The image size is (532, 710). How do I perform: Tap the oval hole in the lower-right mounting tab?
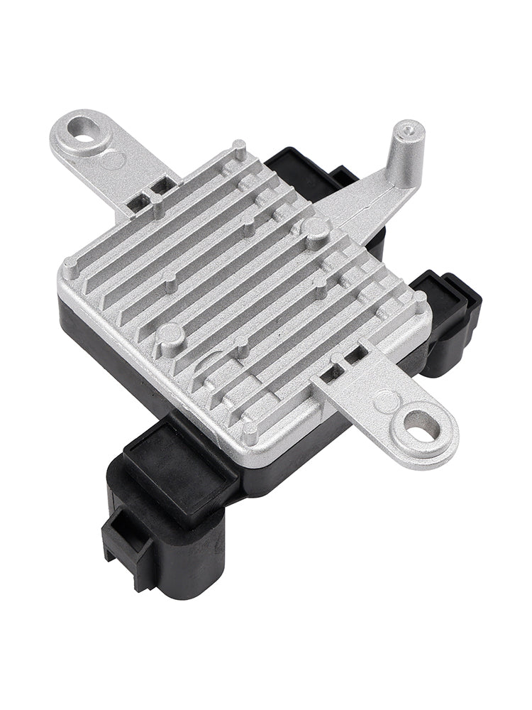[415, 428]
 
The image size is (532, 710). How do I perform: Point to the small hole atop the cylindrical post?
[409, 129]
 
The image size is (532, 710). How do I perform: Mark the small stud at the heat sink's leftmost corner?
[70, 268]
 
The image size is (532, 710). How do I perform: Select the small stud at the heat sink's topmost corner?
[239, 149]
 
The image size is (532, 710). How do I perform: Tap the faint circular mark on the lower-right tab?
[384, 401]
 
